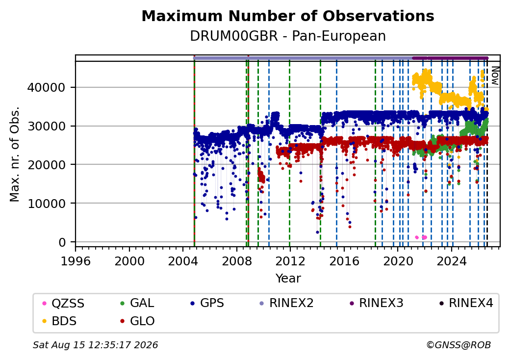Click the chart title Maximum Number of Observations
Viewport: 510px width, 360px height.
(288, 16)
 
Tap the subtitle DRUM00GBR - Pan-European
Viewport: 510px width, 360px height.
(288, 36)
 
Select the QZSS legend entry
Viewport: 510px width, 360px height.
(63, 304)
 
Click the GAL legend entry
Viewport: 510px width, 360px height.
(137, 303)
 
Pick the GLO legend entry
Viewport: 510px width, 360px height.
(137, 321)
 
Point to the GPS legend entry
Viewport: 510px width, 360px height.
(207, 303)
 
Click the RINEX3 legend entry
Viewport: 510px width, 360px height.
(376, 303)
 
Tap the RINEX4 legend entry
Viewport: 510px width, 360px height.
(466, 303)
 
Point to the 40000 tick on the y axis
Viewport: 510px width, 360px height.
(47, 87)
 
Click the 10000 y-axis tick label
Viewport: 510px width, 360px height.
(47, 204)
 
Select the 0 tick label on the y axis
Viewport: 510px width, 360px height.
(62, 242)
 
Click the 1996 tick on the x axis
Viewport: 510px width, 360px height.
(76, 261)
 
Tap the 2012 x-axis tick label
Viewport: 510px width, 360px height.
(290, 261)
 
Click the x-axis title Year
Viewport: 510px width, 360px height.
(288, 279)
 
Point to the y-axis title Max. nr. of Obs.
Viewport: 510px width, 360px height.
(15, 154)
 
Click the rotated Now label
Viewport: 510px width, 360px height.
(495, 76)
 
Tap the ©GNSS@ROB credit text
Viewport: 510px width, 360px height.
(459, 345)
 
